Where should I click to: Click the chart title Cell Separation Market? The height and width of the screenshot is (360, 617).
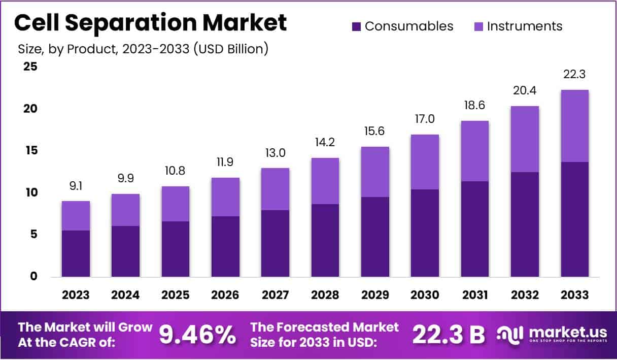pyautogui.click(x=150, y=23)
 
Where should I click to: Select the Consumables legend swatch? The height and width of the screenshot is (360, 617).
pyautogui.click(x=357, y=26)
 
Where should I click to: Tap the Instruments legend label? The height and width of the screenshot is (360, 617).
pyautogui.click(x=525, y=26)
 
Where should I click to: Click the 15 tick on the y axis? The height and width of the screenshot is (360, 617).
pyautogui.click(x=30, y=151)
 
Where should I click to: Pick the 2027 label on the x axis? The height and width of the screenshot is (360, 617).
pyautogui.click(x=276, y=295)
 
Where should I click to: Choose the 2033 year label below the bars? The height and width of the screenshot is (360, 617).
pyautogui.click(x=575, y=295)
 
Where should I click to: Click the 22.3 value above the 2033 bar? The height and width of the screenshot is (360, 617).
pyautogui.click(x=575, y=75)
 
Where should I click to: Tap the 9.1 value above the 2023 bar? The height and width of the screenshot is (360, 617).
pyautogui.click(x=76, y=186)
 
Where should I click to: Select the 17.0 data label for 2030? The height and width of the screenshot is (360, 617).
pyautogui.click(x=425, y=119)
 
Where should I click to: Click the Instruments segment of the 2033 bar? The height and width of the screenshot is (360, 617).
pyautogui.click(x=575, y=126)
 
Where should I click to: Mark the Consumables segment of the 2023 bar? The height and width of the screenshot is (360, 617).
pyautogui.click(x=76, y=253)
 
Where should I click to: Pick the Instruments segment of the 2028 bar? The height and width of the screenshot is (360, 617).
pyautogui.click(x=325, y=181)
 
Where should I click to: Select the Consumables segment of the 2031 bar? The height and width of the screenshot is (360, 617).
pyautogui.click(x=475, y=229)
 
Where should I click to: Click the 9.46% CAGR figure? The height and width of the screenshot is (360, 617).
pyautogui.click(x=198, y=334)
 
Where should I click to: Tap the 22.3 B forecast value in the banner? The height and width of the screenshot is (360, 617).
pyautogui.click(x=448, y=334)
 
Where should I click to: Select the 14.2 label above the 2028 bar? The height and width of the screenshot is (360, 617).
pyautogui.click(x=325, y=143)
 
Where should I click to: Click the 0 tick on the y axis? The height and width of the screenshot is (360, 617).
pyautogui.click(x=33, y=277)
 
